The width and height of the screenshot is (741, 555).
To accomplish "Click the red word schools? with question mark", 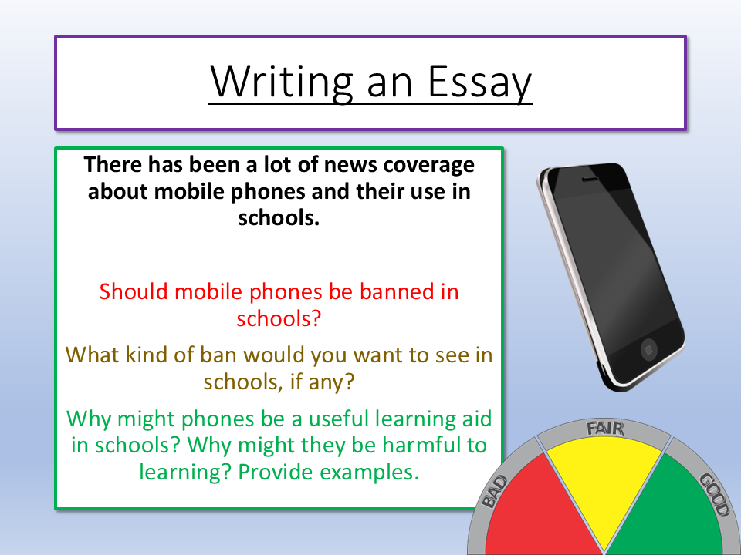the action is (x=279, y=318).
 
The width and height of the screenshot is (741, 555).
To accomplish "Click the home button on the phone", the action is (x=649, y=350).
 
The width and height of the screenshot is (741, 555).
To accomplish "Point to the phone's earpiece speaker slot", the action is (x=590, y=180).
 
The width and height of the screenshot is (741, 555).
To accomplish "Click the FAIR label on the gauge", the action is (x=605, y=429).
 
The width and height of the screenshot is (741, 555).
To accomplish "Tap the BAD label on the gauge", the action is (x=495, y=492).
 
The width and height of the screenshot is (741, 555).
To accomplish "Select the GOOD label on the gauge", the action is (x=714, y=495).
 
